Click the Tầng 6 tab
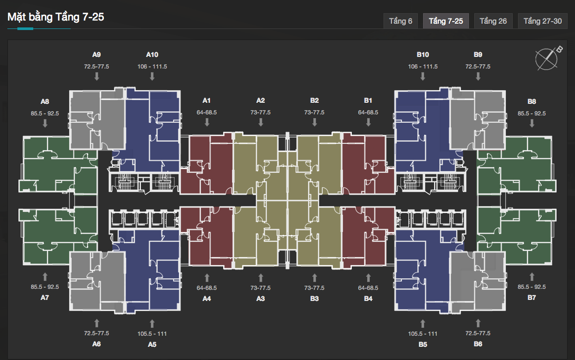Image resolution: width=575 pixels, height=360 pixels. pyautogui.click(x=400, y=21)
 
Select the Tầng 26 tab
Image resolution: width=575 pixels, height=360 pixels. pyautogui.click(x=493, y=21)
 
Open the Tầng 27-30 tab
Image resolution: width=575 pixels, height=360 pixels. pyautogui.click(x=542, y=21)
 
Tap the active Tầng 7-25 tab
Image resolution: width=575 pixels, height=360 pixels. pyautogui.click(x=446, y=21)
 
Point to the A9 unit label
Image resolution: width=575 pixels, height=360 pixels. pyautogui.click(x=97, y=55)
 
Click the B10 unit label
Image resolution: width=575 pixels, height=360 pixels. pyautogui.click(x=423, y=55)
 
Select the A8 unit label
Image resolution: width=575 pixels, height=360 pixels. pyautogui.click(x=45, y=101)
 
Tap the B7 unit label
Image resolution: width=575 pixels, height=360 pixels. pyautogui.click(x=532, y=298)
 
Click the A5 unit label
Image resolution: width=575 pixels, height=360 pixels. pyautogui.click(x=152, y=345)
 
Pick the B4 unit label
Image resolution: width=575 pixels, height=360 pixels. pyautogui.click(x=368, y=299)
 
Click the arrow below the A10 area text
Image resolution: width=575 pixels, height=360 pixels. pyautogui.click(x=152, y=76)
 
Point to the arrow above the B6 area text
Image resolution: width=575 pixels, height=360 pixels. pyautogui.click(x=478, y=323)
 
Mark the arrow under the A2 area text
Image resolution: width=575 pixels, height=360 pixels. pyautogui.click(x=261, y=122)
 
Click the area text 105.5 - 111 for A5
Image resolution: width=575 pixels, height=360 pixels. pyautogui.click(x=152, y=334)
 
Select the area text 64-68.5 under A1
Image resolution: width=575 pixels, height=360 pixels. pyautogui.click(x=206, y=112)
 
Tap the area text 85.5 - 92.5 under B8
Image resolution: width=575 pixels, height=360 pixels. pyautogui.click(x=532, y=113)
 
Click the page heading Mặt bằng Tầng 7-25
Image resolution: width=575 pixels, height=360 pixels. pyautogui.click(x=56, y=17)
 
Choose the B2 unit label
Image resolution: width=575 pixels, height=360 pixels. pyautogui.click(x=314, y=100)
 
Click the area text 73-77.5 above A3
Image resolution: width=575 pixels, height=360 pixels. pyautogui.click(x=261, y=288)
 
